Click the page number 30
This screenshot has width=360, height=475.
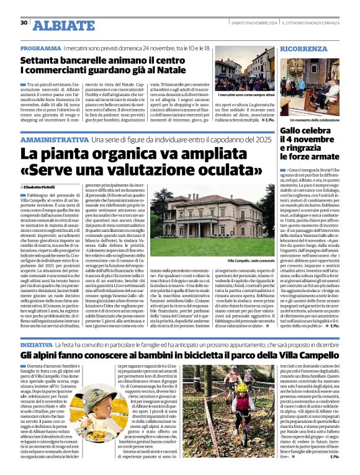tap(24, 23)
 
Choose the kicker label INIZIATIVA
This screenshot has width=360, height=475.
tap(36, 343)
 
